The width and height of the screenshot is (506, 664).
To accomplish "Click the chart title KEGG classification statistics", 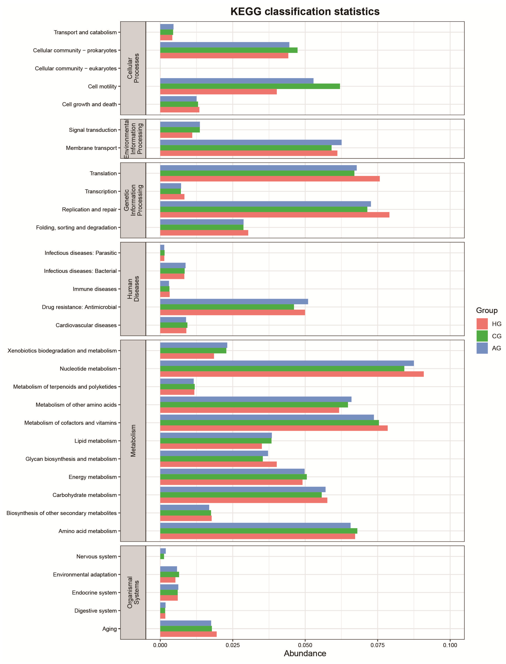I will coord(305,11).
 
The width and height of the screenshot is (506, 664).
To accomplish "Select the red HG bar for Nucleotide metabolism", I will coord(292,374).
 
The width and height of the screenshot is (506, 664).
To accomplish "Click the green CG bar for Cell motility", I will coord(250,86).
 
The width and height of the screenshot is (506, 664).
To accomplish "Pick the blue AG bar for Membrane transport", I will coord(251,142).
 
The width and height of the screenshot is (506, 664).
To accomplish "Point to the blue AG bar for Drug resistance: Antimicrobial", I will coord(234,302).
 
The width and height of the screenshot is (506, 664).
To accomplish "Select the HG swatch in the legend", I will coord(482,324).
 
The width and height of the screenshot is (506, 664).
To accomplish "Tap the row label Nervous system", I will coord(96,556).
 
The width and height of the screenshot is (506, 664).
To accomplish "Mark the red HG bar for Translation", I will coord(270,179).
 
